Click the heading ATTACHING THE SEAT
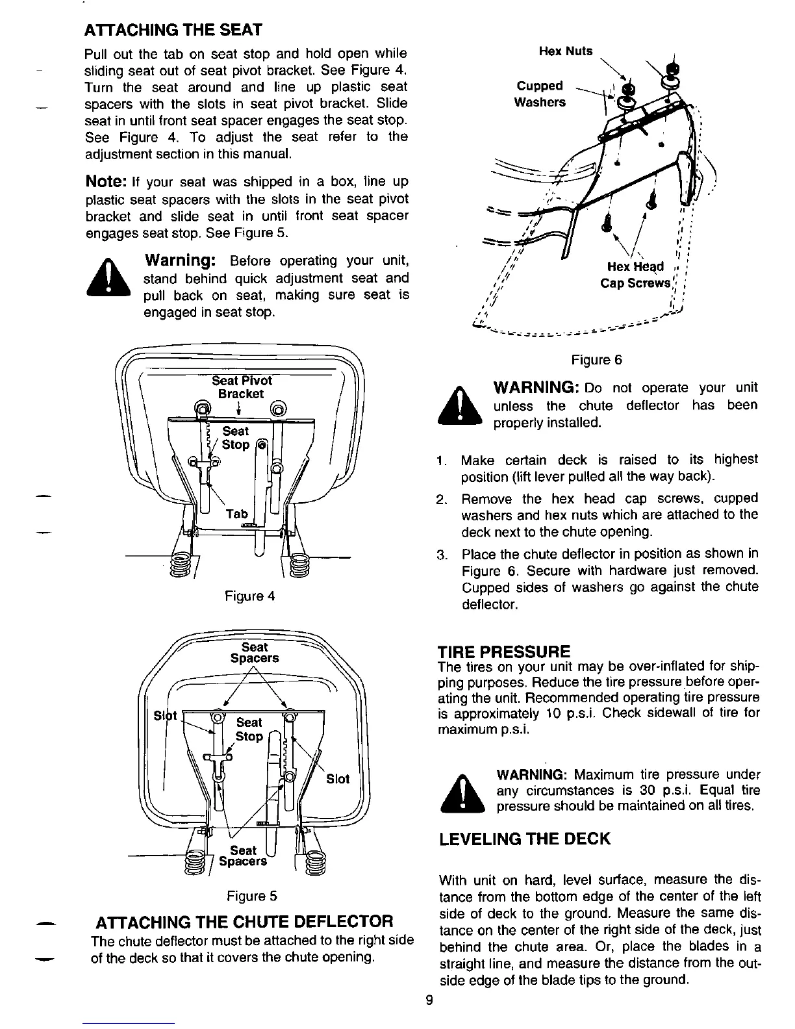173,30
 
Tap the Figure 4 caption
249,596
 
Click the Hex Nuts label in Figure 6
566,51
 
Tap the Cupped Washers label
540,94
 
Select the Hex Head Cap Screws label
636,275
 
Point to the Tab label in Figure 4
236,514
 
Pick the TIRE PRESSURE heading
505,651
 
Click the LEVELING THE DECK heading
525,839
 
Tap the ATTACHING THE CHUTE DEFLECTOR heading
244,922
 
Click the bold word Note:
107,182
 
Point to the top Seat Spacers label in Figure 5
255,653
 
